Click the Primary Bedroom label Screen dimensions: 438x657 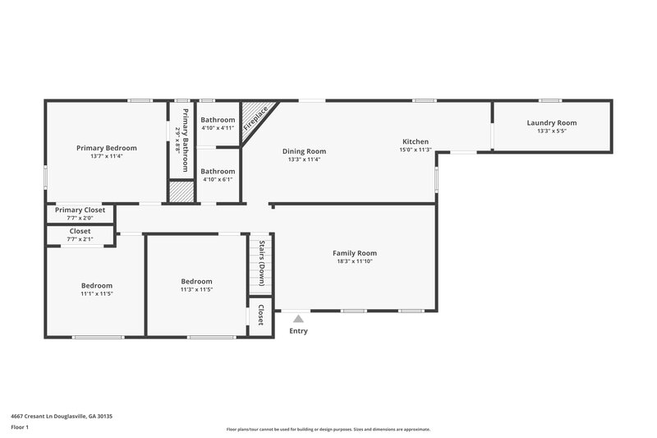pos(107,148)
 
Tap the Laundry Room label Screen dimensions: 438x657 pos(551,122)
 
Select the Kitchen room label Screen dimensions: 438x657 pos(414,141)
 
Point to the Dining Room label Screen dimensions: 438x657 pos(304,150)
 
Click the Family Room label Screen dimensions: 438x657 pos(355,253)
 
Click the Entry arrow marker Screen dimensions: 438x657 pos(298,319)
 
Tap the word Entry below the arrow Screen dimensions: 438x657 pos(298,331)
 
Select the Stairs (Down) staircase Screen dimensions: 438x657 pos(260,263)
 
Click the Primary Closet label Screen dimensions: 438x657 pos(80,210)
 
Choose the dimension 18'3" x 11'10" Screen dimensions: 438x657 pos(355,261)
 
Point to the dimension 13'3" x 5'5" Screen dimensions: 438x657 pos(551,131)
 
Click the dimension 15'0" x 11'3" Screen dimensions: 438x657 pos(414,150)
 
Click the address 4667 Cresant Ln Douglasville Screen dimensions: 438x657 pos(62,417)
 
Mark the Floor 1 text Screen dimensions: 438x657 pos(20,428)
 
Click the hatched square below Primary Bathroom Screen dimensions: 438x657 pos(181,191)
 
